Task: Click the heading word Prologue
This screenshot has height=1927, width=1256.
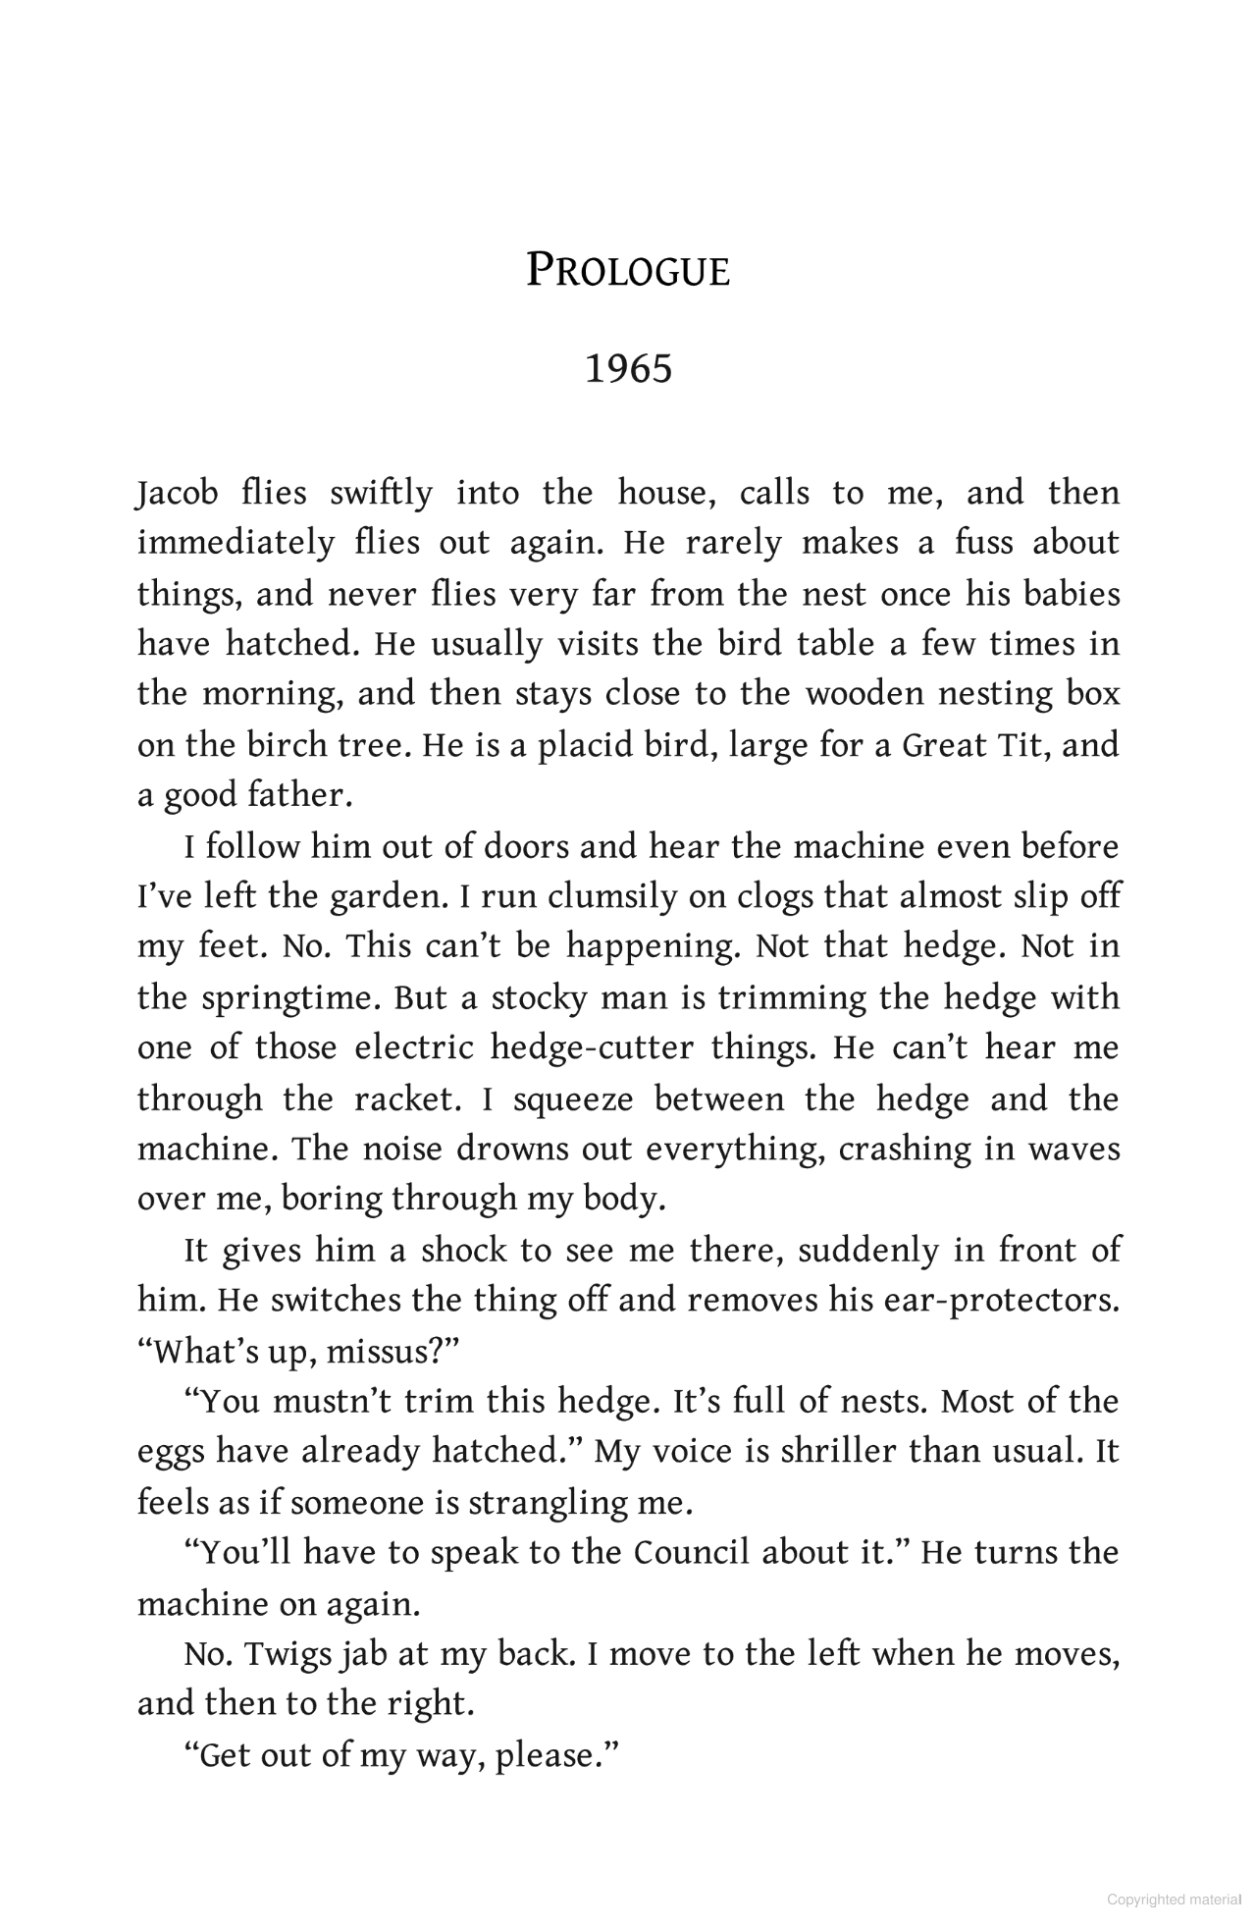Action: coord(628,271)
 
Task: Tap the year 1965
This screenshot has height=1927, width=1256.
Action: coord(628,369)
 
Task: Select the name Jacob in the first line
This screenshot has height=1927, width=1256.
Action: coord(177,493)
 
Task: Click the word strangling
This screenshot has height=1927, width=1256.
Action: coord(546,1503)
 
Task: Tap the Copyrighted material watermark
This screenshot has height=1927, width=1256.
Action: coord(1174,1900)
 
